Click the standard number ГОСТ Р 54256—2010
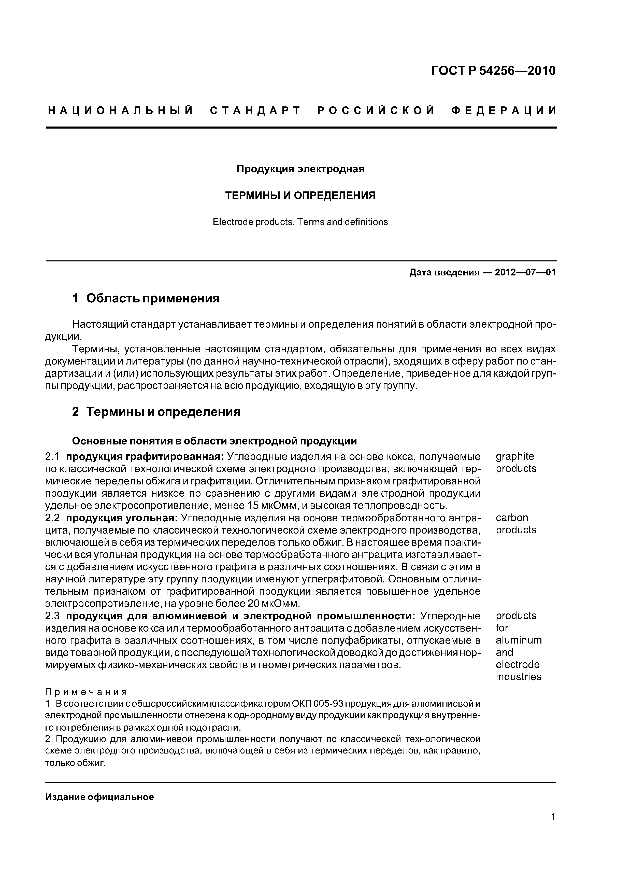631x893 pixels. (x=493, y=71)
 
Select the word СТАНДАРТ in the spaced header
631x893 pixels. (x=255, y=111)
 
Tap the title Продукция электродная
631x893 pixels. (x=300, y=169)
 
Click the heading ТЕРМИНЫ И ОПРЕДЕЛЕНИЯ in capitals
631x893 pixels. (x=300, y=196)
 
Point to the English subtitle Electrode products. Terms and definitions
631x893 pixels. (x=300, y=222)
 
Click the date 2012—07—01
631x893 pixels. (x=525, y=272)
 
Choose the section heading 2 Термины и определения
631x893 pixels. (x=156, y=411)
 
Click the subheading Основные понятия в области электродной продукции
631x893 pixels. (x=214, y=441)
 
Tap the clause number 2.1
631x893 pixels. (x=53, y=456)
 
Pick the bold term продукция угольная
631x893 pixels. (x=122, y=518)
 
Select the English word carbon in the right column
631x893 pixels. (x=512, y=518)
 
